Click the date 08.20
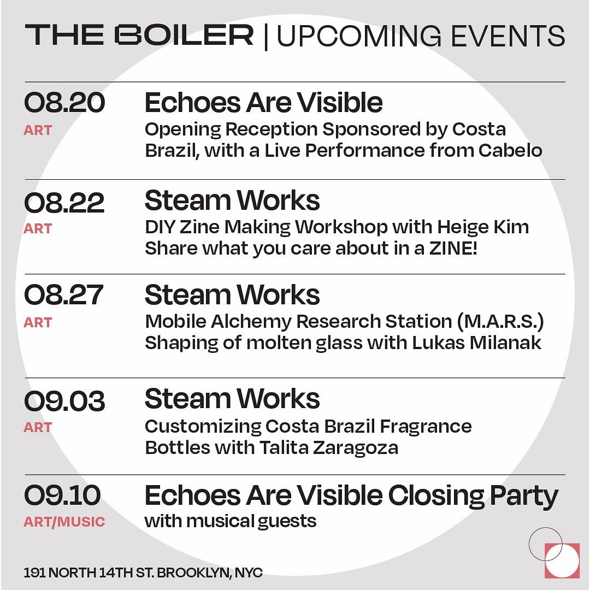click(64, 102)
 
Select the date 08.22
click(64, 203)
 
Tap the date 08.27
click(63, 294)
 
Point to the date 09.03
click(64, 400)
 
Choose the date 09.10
click(62, 495)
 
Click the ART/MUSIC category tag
click(64, 522)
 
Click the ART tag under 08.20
click(38, 130)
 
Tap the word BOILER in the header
click(184, 35)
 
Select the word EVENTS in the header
click(508, 36)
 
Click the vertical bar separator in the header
click(266, 37)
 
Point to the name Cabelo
click(510, 151)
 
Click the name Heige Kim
click(483, 227)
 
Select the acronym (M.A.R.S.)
click(501, 321)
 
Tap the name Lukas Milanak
click(476, 343)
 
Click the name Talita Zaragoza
click(328, 448)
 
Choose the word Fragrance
click(426, 427)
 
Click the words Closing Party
click(473, 496)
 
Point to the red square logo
click(562, 560)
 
